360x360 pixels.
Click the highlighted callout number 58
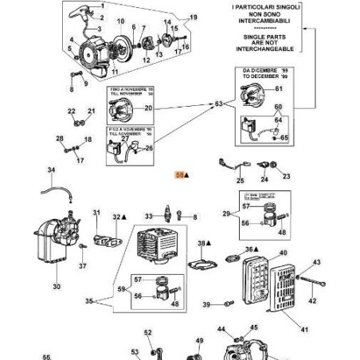[179, 171]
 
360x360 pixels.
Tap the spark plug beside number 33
[168, 216]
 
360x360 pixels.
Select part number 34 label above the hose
[52, 170]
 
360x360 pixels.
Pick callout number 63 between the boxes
[220, 104]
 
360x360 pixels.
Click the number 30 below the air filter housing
[56, 287]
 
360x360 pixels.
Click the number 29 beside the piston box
[227, 213]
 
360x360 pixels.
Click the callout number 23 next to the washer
[287, 176]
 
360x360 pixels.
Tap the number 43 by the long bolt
[316, 262]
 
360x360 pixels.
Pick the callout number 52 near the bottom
[147, 333]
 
